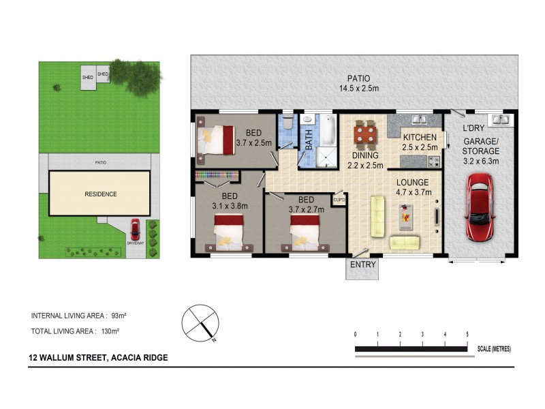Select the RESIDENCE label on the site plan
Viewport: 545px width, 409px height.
coord(100,194)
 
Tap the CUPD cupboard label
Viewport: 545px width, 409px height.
coord(339,200)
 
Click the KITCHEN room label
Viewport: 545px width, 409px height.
coord(419,138)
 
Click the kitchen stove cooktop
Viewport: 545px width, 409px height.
coord(433,162)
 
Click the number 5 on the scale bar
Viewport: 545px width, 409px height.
coord(467,334)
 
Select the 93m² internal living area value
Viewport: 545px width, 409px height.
coord(121,316)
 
